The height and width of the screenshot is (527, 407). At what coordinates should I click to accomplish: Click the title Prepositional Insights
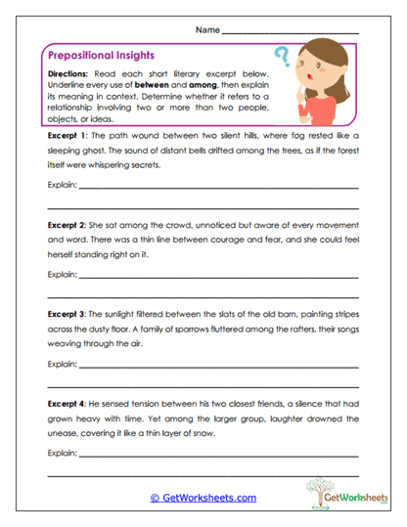click(99, 56)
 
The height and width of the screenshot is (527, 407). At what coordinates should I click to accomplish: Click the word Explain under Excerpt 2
click(62, 274)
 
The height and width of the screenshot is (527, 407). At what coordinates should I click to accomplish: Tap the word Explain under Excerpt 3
click(62, 363)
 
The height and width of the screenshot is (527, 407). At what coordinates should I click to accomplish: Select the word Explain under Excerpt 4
click(62, 453)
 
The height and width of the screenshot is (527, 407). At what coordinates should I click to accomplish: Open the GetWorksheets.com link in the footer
click(203, 498)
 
